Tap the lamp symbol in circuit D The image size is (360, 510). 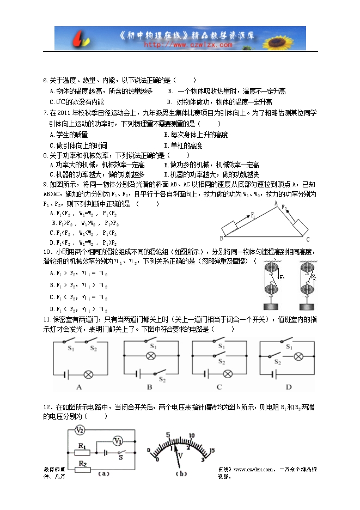coord(298,357)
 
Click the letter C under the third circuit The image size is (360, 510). coord(219,387)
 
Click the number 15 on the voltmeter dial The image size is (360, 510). coord(212,450)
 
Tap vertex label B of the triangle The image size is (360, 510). coord(221,238)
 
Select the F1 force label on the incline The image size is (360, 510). coord(253,215)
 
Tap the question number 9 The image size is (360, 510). coord(45,185)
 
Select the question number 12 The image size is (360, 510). coord(47,407)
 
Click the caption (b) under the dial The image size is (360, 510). coord(182,473)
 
